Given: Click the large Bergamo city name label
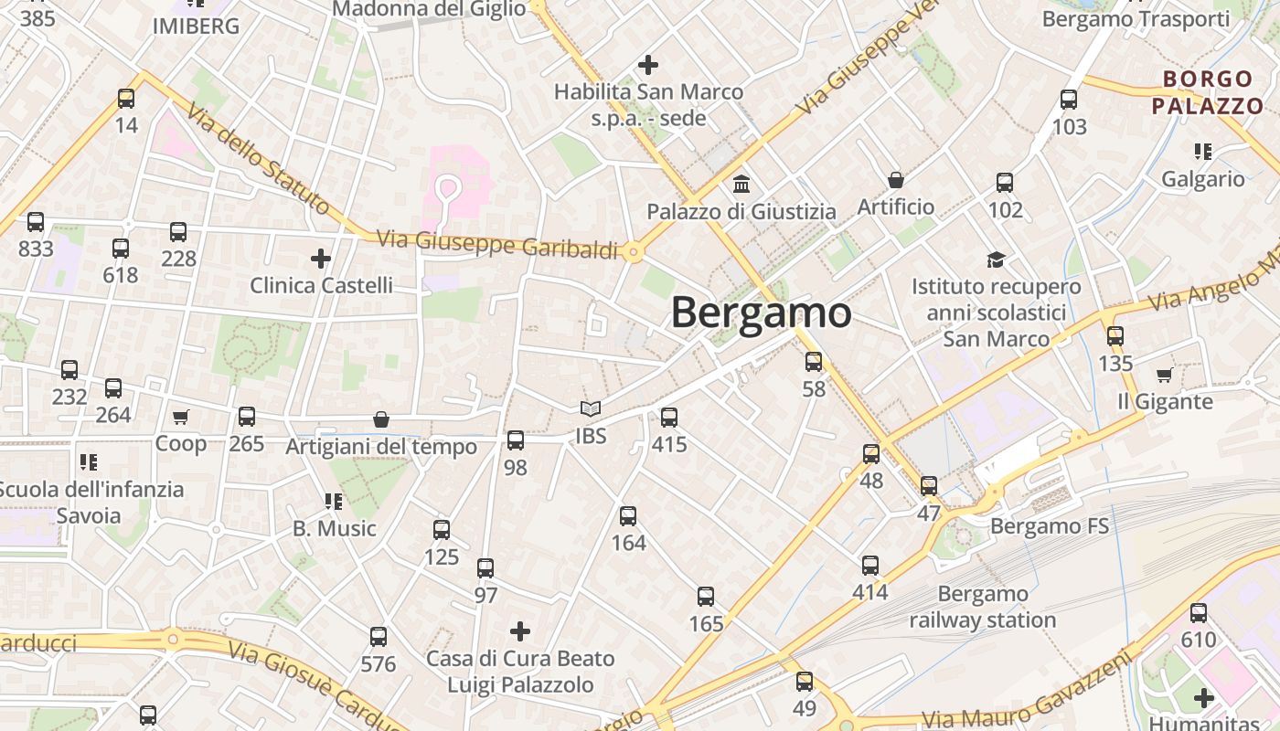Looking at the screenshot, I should point(761,313).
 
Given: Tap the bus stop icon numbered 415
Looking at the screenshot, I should point(669,418).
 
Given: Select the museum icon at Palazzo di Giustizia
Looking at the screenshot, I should point(741,184).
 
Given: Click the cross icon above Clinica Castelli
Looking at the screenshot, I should point(321,259).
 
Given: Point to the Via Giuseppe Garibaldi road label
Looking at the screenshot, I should point(497,244).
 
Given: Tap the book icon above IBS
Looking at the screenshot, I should point(591,409).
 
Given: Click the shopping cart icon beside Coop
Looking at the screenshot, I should point(181,417).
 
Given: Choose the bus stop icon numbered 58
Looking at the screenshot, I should point(814,362).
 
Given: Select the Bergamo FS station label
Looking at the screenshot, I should point(1050,526).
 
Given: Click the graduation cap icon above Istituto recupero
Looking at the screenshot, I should point(996,260).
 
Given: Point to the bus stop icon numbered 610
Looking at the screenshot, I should point(1199,613).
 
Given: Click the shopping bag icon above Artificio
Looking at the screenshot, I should point(896,180).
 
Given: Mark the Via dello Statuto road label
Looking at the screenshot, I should point(258,161).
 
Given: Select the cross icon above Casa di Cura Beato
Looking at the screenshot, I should point(520,631).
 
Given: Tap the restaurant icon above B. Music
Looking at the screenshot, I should point(334,501).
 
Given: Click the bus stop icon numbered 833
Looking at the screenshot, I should point(36,222).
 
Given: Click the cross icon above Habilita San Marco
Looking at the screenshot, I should point(648,65).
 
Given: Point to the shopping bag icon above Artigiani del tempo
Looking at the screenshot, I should point(381,419).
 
